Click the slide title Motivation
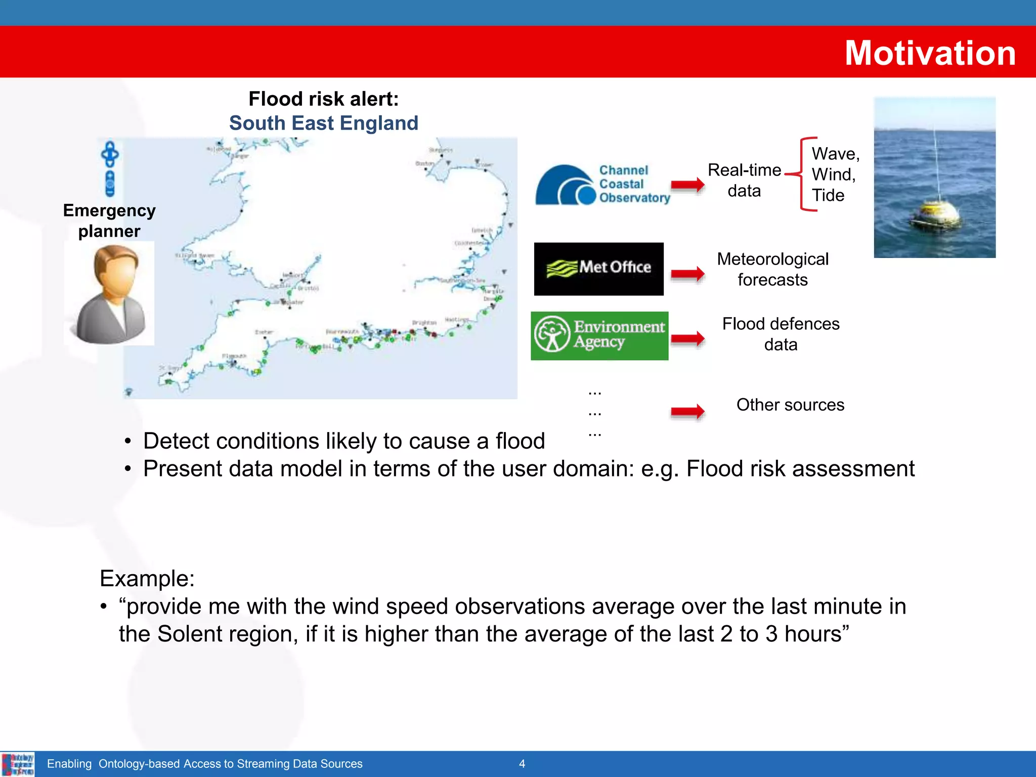click(x=930, y=53)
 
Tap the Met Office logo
click(x=598, y=269)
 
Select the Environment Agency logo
click(x=599, y=336)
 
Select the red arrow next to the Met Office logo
click(x=687, y=274)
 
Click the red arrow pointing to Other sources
click(x=687, y=412)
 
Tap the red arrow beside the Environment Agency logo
click(x=687, y=338)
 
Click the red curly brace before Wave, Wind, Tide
click(x=804, y=174)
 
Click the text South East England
click(x=324, y=123)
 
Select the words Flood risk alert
click(x=324, y=99)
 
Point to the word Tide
click(x=828, y=195)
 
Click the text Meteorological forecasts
click(x=772, y=269)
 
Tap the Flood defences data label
click(x=781, y=334)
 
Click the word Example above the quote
click(x=147, y=578)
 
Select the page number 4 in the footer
click(x=522, y=764)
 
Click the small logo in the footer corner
click(x=18, y=764)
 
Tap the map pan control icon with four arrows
click(x=110, y=154)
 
